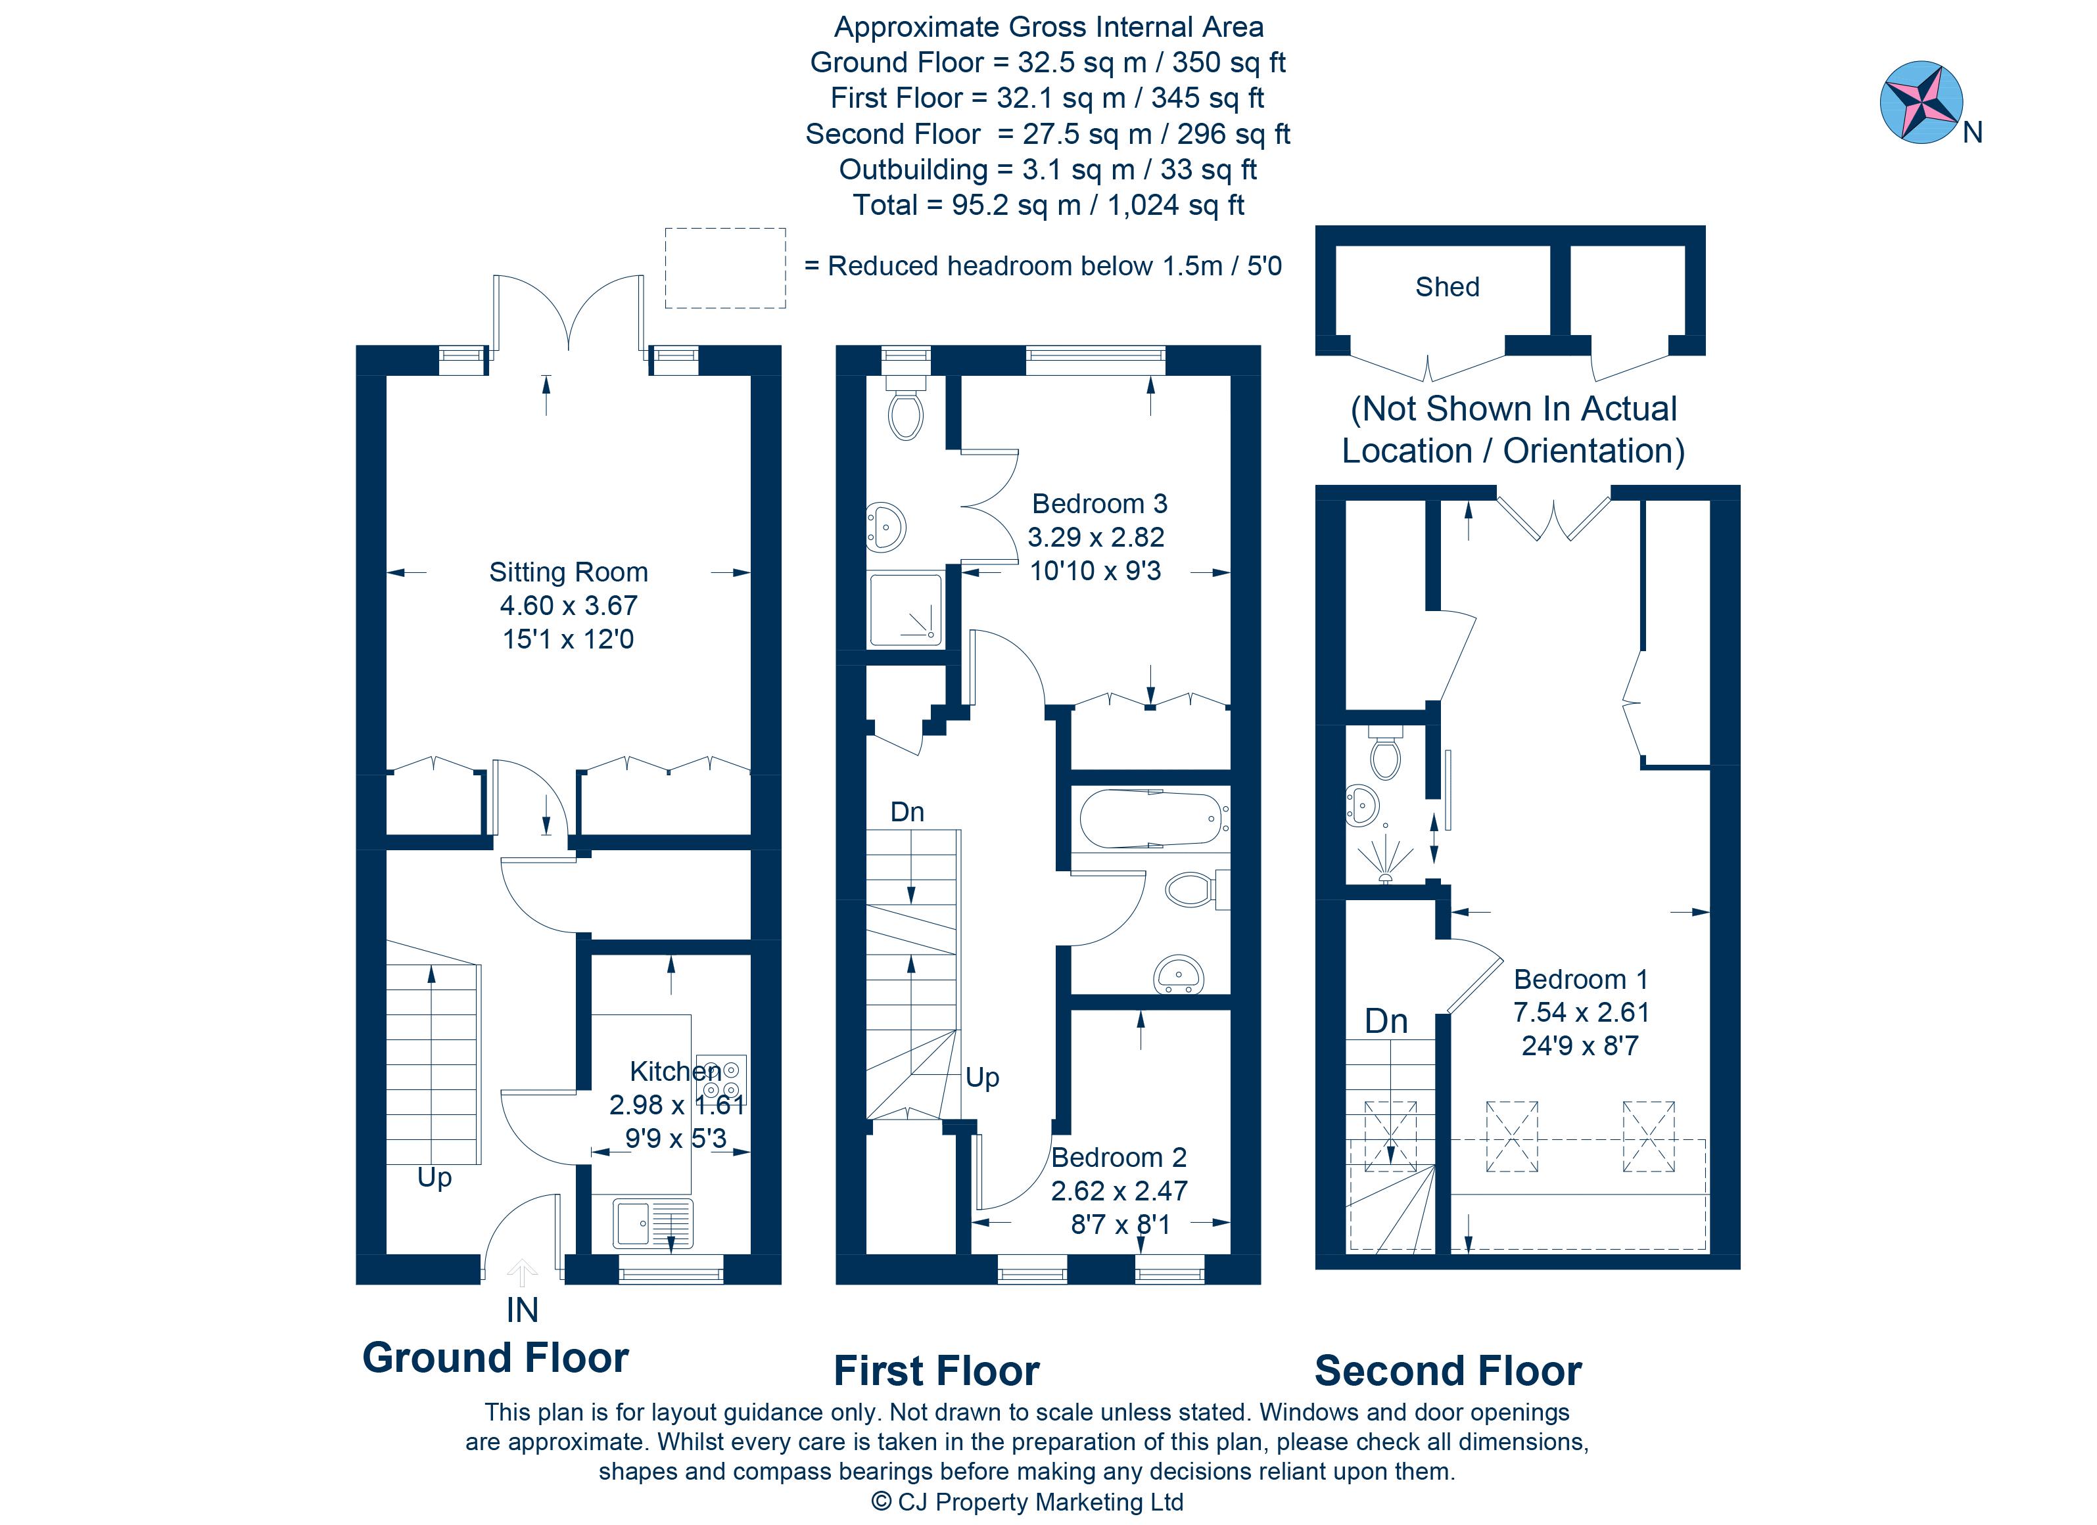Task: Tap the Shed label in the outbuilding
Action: (1446, 287)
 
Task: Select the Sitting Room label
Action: (568, 572)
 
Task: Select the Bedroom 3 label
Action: (1098, 504)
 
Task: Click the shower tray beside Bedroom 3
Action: (905, 610)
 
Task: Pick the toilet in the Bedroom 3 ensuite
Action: (905, 414)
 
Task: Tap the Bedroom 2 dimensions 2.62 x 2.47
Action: (1119, 1191)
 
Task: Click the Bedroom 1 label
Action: (1580, 979)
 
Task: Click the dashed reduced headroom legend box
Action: (725, 268)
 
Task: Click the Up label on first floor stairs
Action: (982, 1078)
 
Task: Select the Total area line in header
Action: (1048, 205)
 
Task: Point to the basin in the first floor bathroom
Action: (1178, 975)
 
